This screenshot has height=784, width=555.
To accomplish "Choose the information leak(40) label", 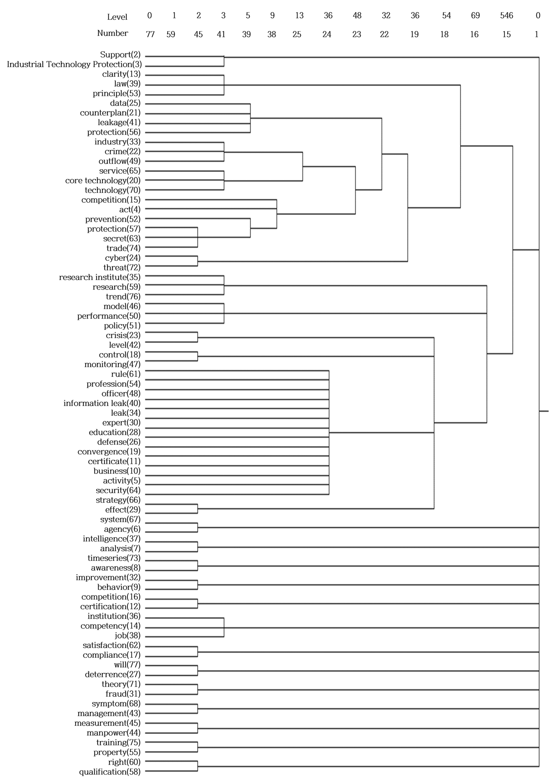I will point(102,403).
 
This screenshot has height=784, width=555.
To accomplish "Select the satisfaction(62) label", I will point(111,645).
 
